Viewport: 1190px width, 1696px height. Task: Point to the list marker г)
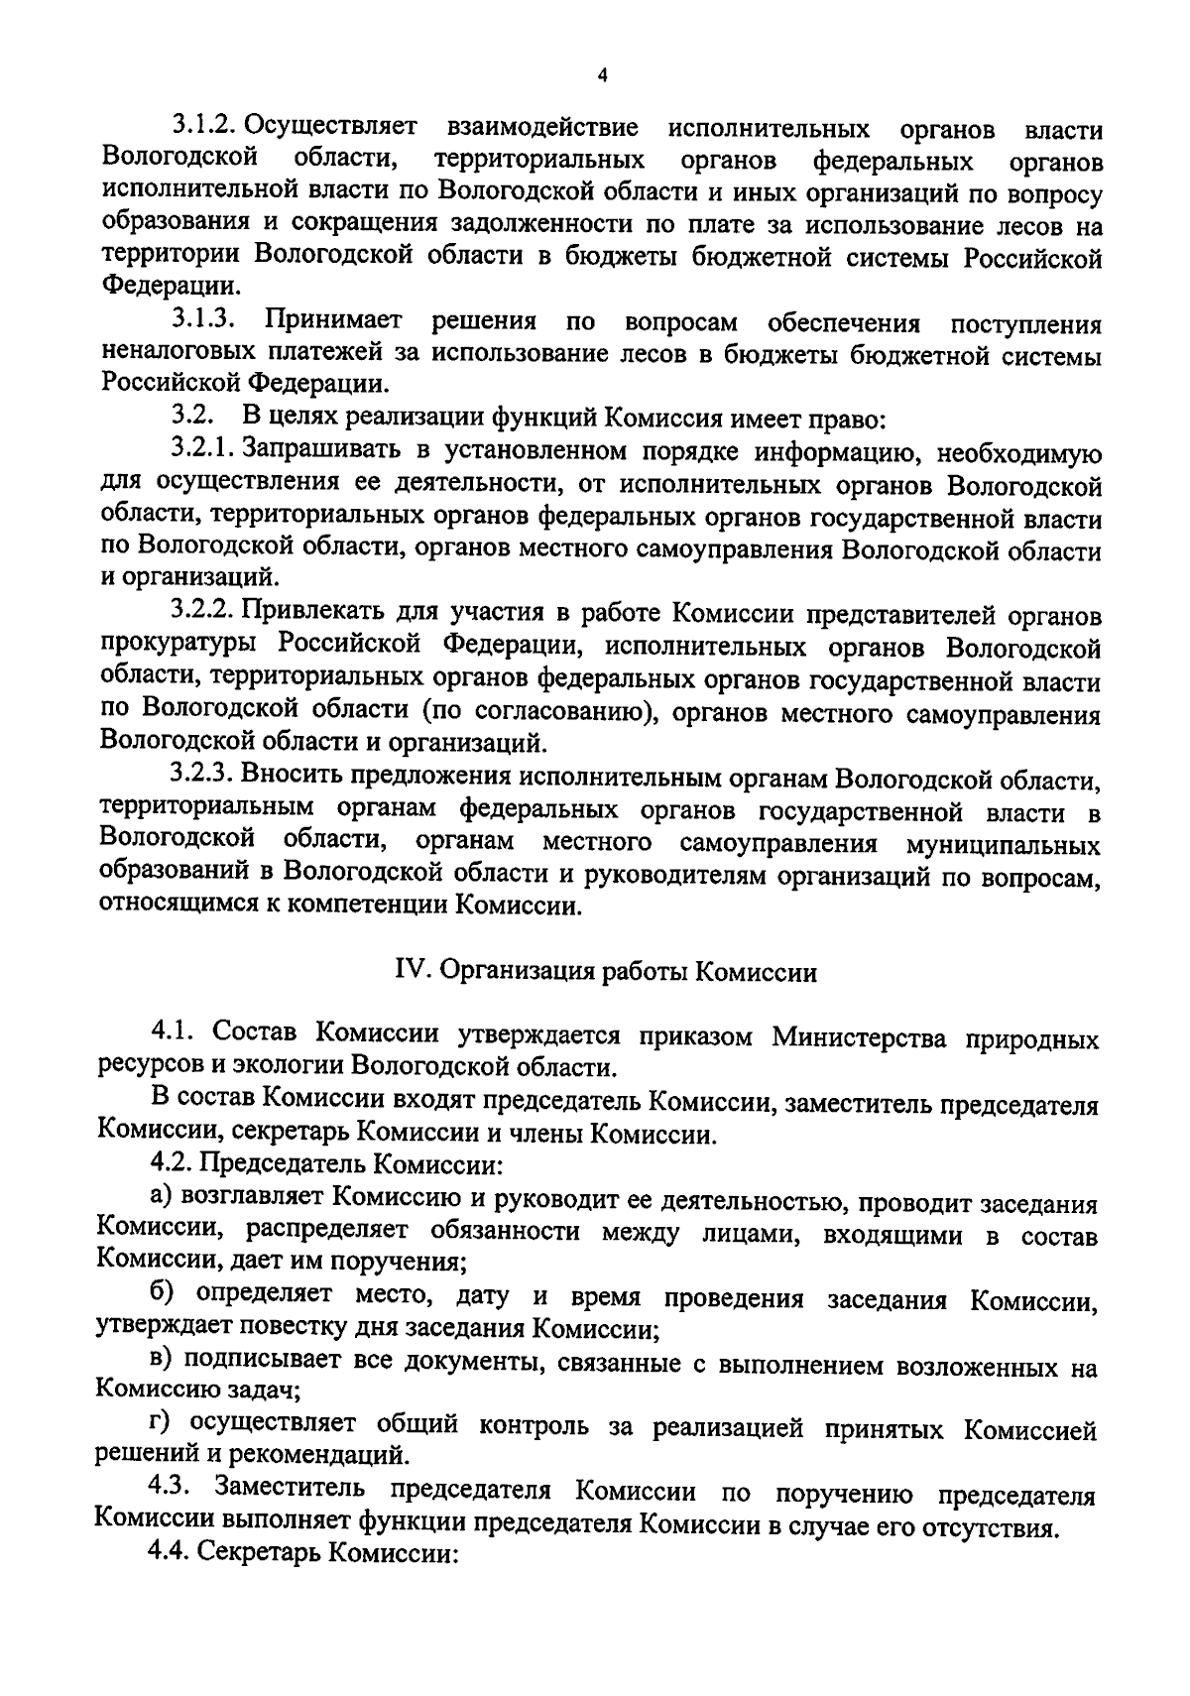tap(162, 1426)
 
